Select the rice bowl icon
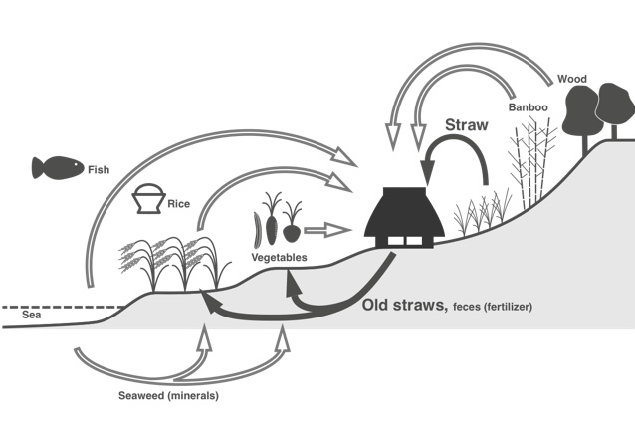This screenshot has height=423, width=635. click(x=149, y=199)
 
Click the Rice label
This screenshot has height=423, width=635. click(x=179, y=204)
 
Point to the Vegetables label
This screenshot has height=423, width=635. click(x=278, y=257)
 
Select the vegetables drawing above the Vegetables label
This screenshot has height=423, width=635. click(x=280, y=223)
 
